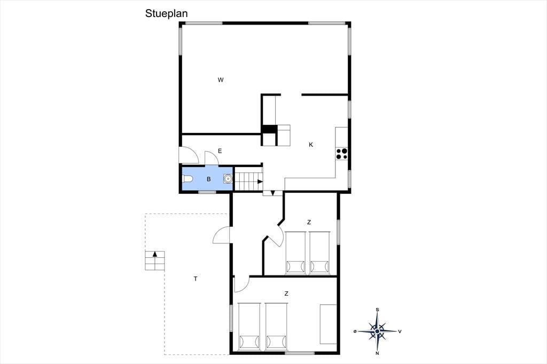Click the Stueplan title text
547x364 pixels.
tap(167, 13)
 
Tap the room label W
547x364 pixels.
tap(221, 80)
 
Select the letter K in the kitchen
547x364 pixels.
tap(311, 145)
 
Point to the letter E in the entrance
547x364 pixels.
tap(220, 151)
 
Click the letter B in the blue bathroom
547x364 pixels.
tap(209, 179)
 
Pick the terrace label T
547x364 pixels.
tap(196, 279)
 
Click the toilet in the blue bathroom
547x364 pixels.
tap(187, 179)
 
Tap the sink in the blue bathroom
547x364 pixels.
tap(228, 179)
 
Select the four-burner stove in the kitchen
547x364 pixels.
tap(341, 154)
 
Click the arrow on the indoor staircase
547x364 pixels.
tap(260, 181)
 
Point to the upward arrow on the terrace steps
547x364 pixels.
tap(155, 254)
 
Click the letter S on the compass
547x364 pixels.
tap(378, 310)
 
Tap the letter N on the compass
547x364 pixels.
tap(378, 353)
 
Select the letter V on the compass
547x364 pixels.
tap(400, 331)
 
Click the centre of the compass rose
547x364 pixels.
tap(378, 331)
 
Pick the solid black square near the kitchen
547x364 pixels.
tap(269, 129)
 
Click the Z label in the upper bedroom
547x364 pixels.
tap(309, 222)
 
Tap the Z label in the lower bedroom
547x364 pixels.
tap(286, 294)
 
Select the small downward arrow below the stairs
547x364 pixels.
tap(272, 193)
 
